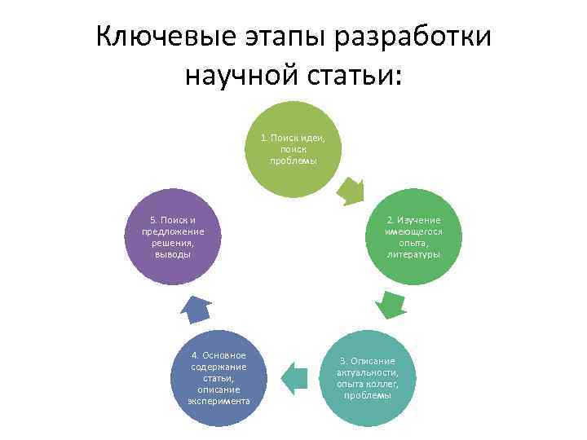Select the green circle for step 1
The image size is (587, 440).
tap(293, 149)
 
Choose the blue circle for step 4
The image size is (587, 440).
tap(218, 377)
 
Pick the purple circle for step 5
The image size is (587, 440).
tap(171, 237)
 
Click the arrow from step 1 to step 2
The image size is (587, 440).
tap(351, 190)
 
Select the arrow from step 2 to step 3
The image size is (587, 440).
tap(391, 304)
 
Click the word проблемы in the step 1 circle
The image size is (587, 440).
tap(293, 161)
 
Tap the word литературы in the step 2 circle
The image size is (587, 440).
tap(414, 254)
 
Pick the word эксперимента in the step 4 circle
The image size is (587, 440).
tap(218, 401)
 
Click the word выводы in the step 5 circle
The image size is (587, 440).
tap(172, 254)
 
